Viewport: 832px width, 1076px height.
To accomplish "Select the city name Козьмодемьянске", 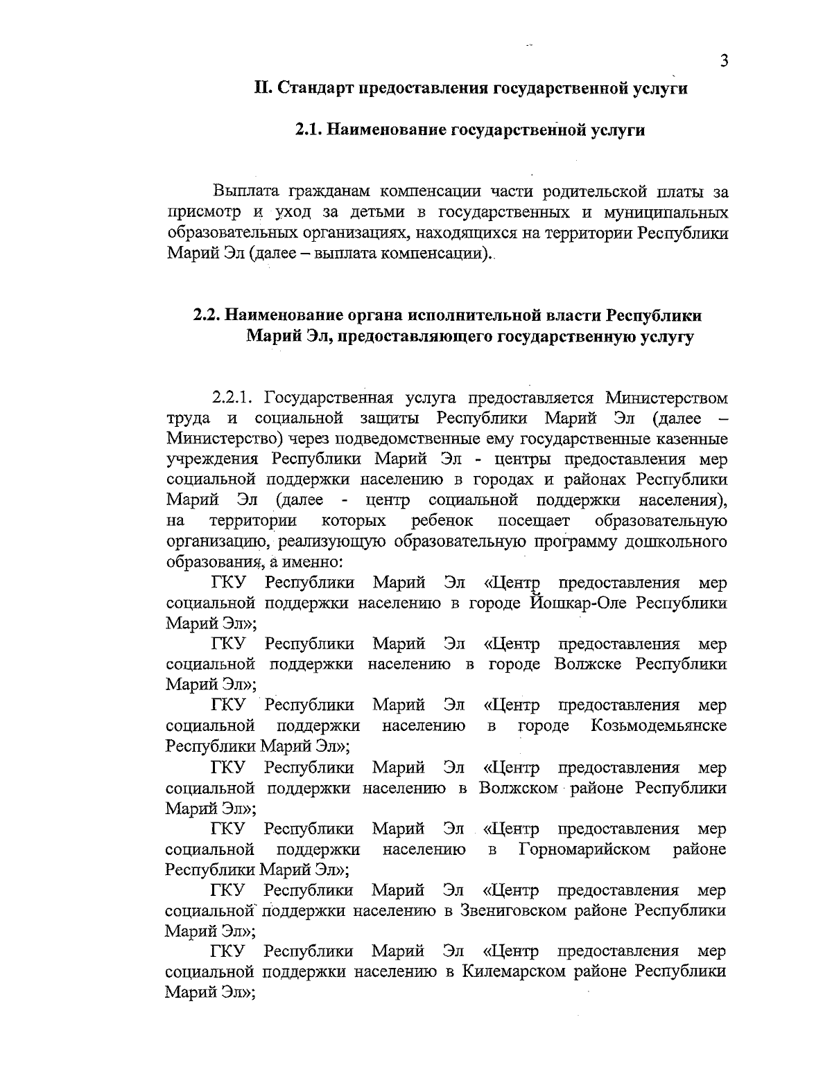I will tap(659, 726).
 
